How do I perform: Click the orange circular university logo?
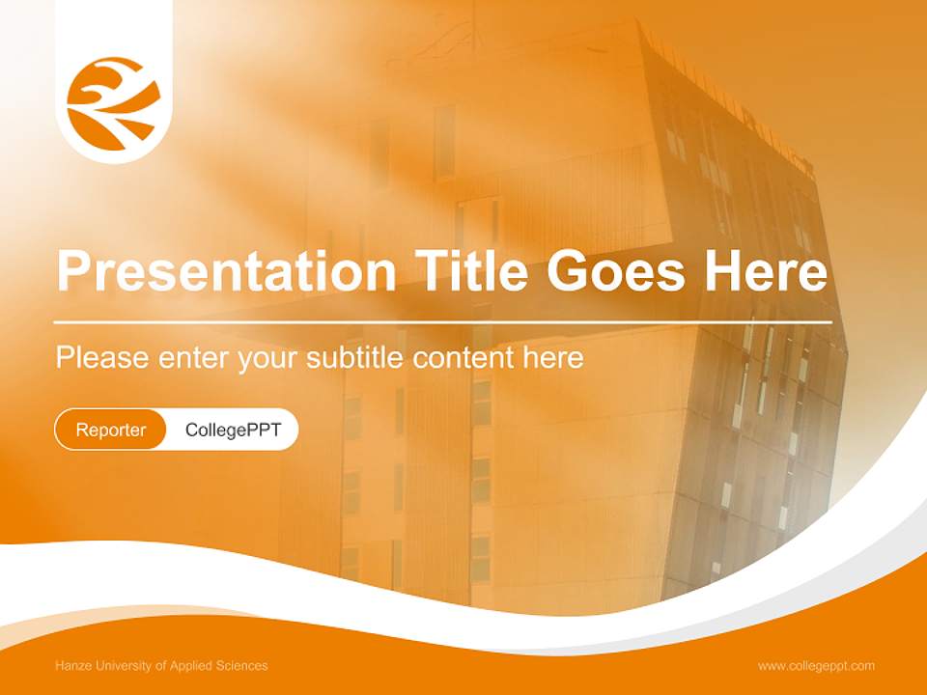click(x=114, y=103)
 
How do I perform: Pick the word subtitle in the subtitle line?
click(x=356, y=358)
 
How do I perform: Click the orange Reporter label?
click(x=111, y=430)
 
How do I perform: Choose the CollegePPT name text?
click(x=233, y=430)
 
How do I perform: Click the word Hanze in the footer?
click(x=72, y=666)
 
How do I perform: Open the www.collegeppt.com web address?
click(x=816, y=666)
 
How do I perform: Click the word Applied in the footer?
click(x=190, y=666)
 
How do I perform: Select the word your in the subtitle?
click(x=266, y=358)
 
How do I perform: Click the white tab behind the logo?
click(x=114, y=29)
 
